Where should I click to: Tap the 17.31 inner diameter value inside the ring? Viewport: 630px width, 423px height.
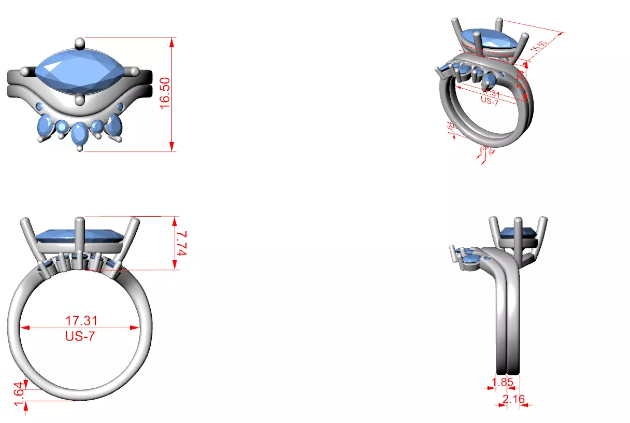pyautogui.click(x=81, y=320)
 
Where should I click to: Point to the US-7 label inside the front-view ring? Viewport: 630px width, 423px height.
pyautogui.click(x=80, y=336)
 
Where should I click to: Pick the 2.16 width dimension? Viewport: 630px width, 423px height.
pyautogui.click(x=513, y=399)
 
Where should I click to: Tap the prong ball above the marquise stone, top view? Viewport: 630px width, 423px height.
pyautogui.click(x=79, y=42)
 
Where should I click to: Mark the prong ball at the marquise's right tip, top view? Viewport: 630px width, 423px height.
pyautogui.click(x=134, y=71)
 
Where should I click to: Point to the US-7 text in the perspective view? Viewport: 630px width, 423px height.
pyautogui.click(x=490, y=101)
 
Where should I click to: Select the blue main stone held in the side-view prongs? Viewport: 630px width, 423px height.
pyautogui.click(x=516, y=233)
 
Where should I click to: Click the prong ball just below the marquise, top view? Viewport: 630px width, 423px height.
pyautogui.click(x=79, y=100)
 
